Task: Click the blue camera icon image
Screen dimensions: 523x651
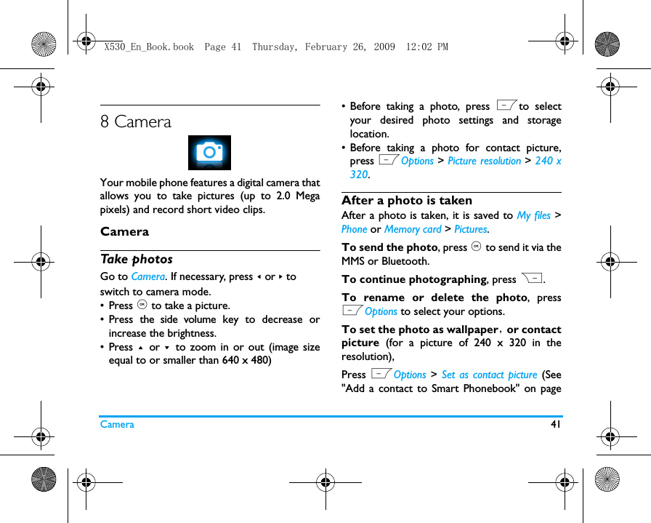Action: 209,153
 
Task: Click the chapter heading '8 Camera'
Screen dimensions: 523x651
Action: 136,122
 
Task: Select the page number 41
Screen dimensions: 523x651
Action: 557,424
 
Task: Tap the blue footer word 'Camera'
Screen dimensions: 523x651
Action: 117,424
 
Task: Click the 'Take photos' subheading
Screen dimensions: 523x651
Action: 137,259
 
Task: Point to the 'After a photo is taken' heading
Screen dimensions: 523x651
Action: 407,200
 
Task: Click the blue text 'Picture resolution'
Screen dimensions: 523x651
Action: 484,161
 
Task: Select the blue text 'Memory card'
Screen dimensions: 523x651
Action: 413,229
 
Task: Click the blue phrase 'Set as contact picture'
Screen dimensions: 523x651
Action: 489,375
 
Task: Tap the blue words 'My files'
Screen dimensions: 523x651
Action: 533,215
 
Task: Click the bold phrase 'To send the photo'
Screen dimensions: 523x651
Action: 389,247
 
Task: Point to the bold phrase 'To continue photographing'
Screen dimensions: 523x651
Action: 413,279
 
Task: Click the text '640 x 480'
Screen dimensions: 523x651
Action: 247,361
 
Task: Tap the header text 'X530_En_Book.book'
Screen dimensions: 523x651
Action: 149,47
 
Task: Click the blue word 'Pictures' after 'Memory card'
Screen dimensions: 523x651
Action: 470,229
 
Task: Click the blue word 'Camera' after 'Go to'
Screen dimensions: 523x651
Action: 147,276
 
